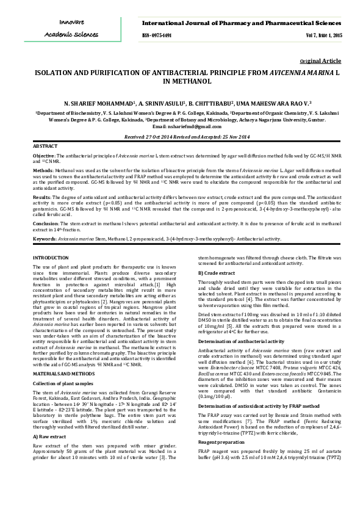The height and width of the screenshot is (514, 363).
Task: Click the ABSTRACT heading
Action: [45, 147]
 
